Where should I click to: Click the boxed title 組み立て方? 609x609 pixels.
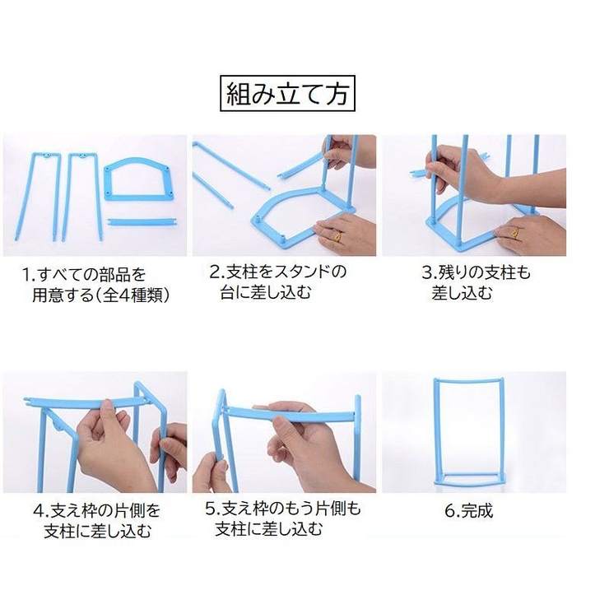pyautogui.click(x=288, y=94)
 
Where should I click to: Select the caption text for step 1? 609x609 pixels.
pyautogui.click(x=95, y=283)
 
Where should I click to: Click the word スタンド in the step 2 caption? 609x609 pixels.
pyautogui.click(x=300, y=272)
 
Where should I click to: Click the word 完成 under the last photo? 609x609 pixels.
pyautogui.click(x=476, y=511)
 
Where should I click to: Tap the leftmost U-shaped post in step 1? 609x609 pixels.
pyautogui.click(x=45, y=193)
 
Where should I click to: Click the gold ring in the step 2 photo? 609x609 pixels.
pyautogui.click(x=338, y=236)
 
